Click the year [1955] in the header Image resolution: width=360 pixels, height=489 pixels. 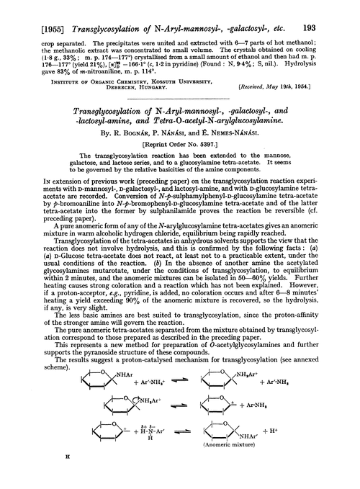click(38, 8)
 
